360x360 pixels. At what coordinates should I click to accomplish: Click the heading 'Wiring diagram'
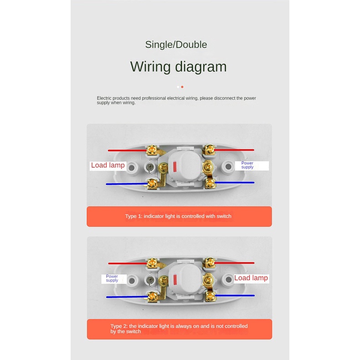(x=178, y=67)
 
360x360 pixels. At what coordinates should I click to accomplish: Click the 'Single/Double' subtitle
(x=176, y=45)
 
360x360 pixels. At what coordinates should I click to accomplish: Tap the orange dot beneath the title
(x=182, y=87)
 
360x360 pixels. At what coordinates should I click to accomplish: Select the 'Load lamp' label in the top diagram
(x=108, y=165)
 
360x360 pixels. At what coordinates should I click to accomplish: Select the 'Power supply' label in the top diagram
(x=247, y=165)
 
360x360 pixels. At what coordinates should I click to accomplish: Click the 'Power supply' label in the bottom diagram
(x=112, y=278)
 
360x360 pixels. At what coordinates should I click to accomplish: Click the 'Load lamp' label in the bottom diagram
(x=251, y=278)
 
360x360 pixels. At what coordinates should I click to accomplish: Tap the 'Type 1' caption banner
(x=179, y=216)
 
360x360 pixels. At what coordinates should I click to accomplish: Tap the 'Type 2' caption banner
(x=180, y=329)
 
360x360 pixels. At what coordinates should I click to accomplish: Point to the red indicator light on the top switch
(x=175, y=166)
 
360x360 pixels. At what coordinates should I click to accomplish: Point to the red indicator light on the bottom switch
(x=175, y=279)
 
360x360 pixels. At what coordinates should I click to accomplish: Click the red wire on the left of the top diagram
(x=128, y=150)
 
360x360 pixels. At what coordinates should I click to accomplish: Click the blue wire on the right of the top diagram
(x=234, y=183)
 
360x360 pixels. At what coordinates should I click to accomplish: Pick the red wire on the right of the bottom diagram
(x=234, y=262)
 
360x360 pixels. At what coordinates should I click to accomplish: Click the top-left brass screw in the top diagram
(x=152, y=150)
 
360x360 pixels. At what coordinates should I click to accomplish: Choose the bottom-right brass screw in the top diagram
(x=210, y=183)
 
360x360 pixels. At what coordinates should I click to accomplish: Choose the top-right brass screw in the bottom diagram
(x=210, y=262)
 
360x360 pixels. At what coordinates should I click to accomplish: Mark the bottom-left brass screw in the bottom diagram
(x=153, y=296)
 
